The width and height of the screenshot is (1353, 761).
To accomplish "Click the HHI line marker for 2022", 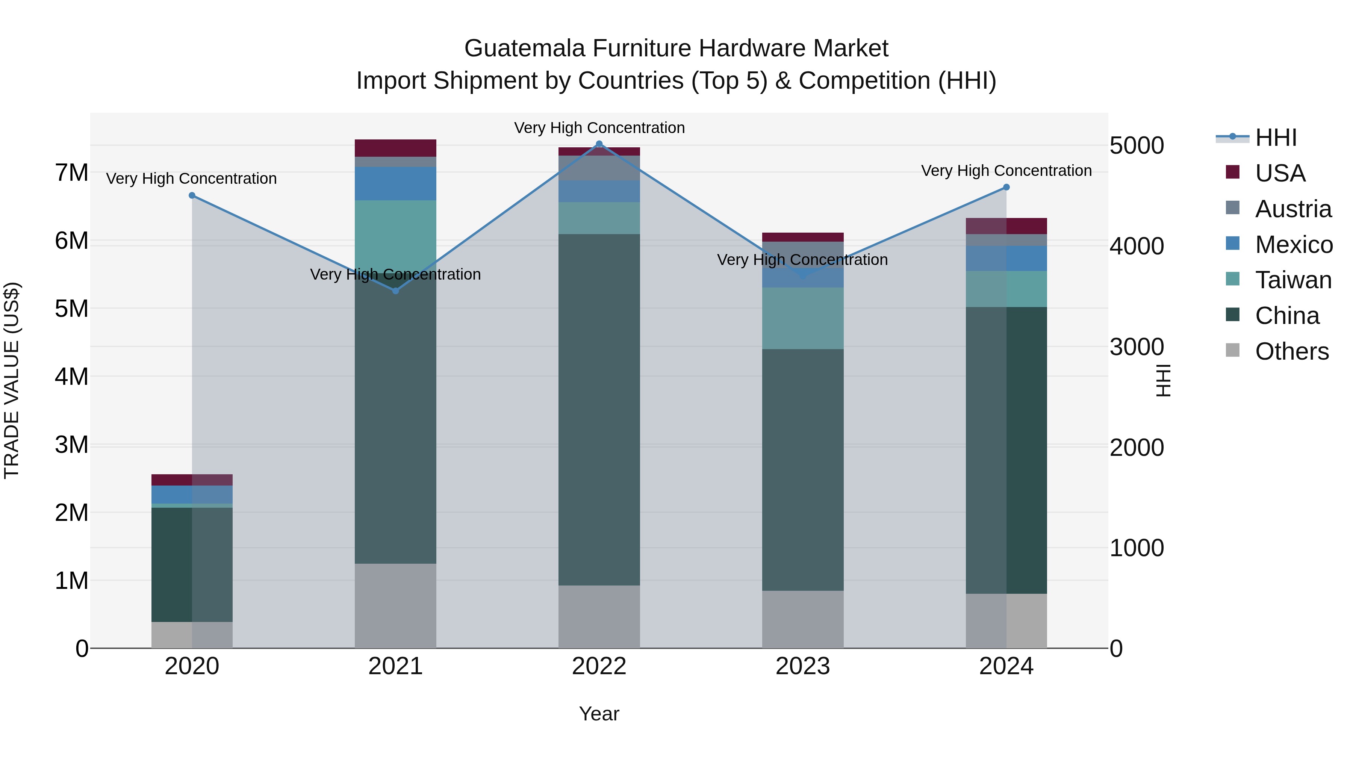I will tap(599, 144).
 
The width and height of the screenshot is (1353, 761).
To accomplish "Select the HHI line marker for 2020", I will tap(192, 195).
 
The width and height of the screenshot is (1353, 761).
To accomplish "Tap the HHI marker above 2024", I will tap(1006, 187).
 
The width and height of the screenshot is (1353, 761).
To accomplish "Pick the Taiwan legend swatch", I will tap(1232, 279).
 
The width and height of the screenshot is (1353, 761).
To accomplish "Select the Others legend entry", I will tap(1291, 351).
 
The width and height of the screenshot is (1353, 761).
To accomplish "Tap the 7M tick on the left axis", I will tap(72, 173).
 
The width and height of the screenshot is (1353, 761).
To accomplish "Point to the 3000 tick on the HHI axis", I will tap(1137, 347).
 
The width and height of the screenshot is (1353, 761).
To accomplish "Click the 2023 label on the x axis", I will tap(802, 666).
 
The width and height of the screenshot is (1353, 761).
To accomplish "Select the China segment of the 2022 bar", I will tap(599, 410).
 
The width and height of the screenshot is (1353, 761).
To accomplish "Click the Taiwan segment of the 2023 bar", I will tap(802, 318).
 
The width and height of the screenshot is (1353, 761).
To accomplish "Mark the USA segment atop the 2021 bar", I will tap(395, 148).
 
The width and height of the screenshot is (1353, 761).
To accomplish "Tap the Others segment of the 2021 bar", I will tap(395, 605).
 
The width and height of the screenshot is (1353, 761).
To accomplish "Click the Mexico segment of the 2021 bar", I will tap(395, 183).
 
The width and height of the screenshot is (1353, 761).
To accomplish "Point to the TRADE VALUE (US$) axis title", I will tap(12, 380).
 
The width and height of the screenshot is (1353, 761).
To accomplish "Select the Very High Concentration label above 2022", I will tap(599, 128).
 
